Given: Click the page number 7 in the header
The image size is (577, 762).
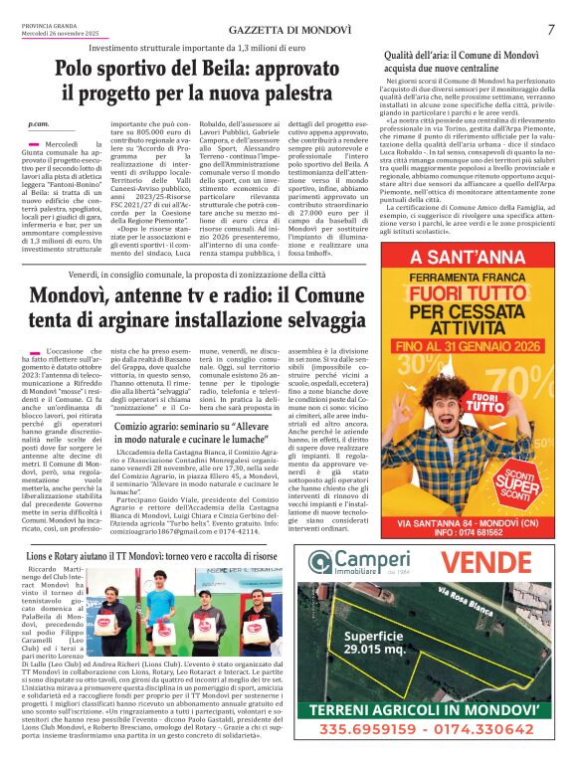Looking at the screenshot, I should coord(550,29).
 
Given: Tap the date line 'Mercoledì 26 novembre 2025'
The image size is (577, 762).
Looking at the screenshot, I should coord(62,34).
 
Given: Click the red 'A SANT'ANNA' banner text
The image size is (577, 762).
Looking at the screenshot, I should coord(469,257).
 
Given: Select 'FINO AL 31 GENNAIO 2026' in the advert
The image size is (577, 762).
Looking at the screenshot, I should coord(468,345).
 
